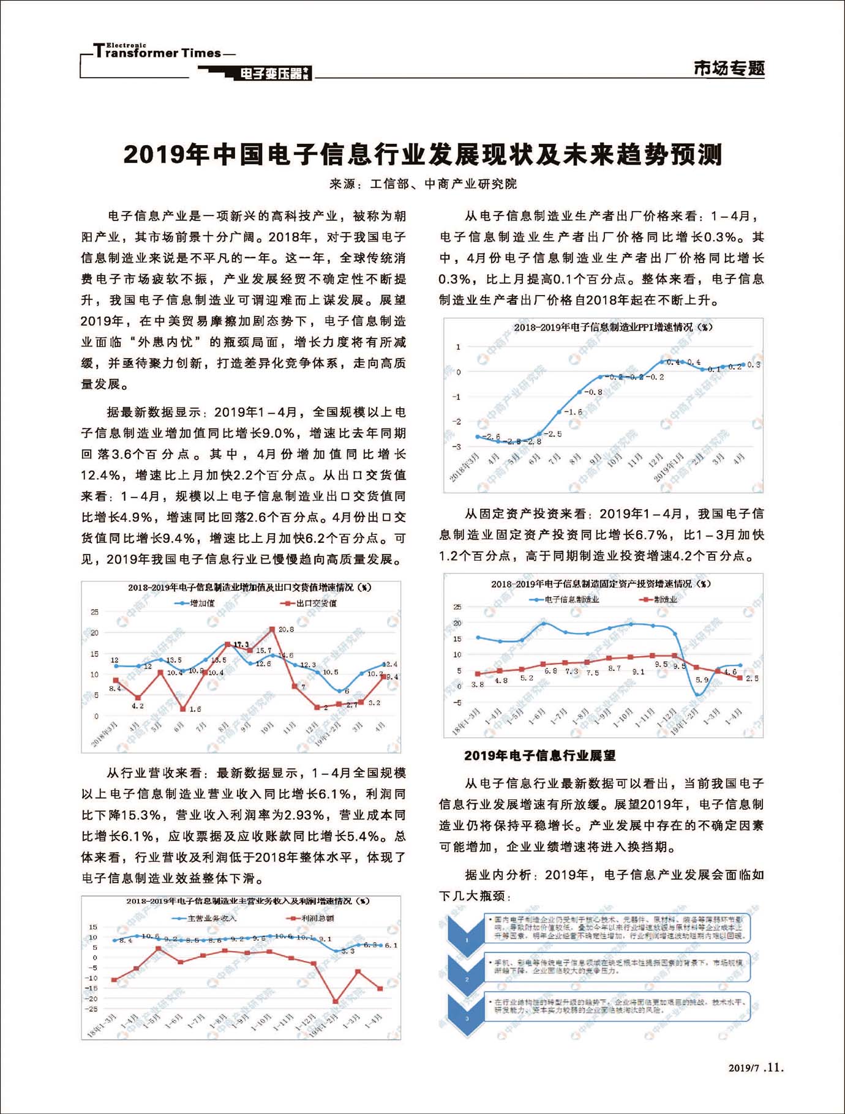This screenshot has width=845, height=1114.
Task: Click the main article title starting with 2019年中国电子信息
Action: coord(423,155)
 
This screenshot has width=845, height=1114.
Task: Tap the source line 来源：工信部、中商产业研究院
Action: coord(423,184)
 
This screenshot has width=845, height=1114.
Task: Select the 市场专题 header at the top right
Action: coord(729,68)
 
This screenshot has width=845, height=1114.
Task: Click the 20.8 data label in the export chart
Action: coord(286,629)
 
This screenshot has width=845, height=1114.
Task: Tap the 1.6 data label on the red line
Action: coord(195,709)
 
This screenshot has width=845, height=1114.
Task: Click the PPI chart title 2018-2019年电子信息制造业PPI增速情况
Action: coord(613,327)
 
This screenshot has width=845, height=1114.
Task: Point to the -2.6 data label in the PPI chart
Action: coord(491,436)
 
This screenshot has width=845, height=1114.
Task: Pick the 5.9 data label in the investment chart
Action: coord(702,680)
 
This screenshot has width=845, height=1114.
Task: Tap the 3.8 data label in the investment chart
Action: coord(478,684)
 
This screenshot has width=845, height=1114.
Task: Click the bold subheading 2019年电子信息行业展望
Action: coord(539,756)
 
